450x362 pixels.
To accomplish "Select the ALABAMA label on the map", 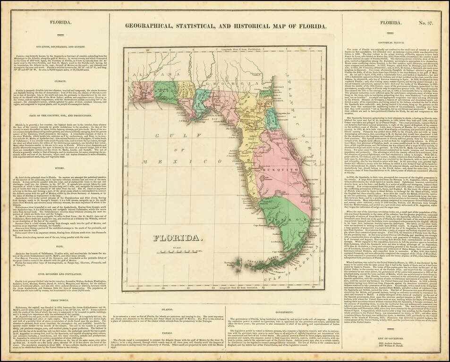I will (x=145, y=62).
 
